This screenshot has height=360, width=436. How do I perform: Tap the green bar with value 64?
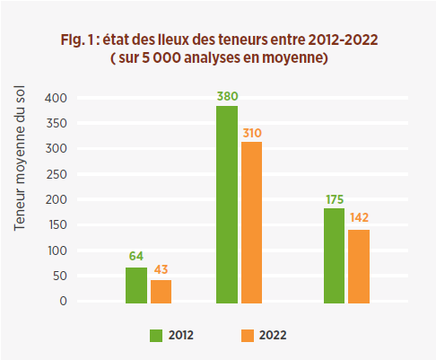(x=135, y=285)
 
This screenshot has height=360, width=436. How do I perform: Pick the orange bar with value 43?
(x=161, y=292)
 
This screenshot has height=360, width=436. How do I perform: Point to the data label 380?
(x=227, y=95)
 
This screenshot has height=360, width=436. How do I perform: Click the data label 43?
(x=161, y=270)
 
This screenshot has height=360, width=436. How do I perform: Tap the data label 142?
(x=359, y=218)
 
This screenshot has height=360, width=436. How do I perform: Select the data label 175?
(x=334, y=198)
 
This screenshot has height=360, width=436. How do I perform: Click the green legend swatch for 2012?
(x=156, y=335)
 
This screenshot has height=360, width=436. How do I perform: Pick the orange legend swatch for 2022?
(x=248, y=335)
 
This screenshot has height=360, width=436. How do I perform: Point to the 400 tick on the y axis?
(x=56, y=97)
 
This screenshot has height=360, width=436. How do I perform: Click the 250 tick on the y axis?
(x=56, y=173)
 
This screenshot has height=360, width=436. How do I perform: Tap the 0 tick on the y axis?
(x=63, y=302)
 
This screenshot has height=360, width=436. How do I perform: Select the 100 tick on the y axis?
(x=56, y=250)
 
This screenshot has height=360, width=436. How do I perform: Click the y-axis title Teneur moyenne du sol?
(x=20, y=159)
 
